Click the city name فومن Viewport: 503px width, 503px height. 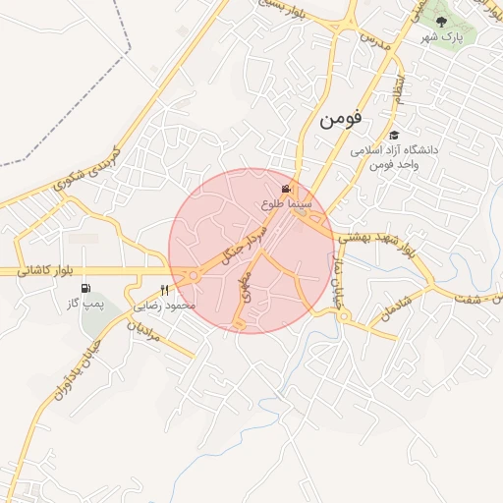point(340,119)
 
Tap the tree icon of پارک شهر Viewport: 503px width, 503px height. point(439,20)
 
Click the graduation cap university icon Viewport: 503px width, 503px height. point(394,136)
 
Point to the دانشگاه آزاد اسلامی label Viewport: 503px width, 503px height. point(398,151)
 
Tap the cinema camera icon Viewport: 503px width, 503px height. point(286,189)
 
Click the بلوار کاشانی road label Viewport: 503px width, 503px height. point(45,270)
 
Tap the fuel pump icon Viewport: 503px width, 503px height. point(86,289)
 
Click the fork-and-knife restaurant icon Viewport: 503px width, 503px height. point(164,290)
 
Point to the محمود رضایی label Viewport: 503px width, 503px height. point(168,307)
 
